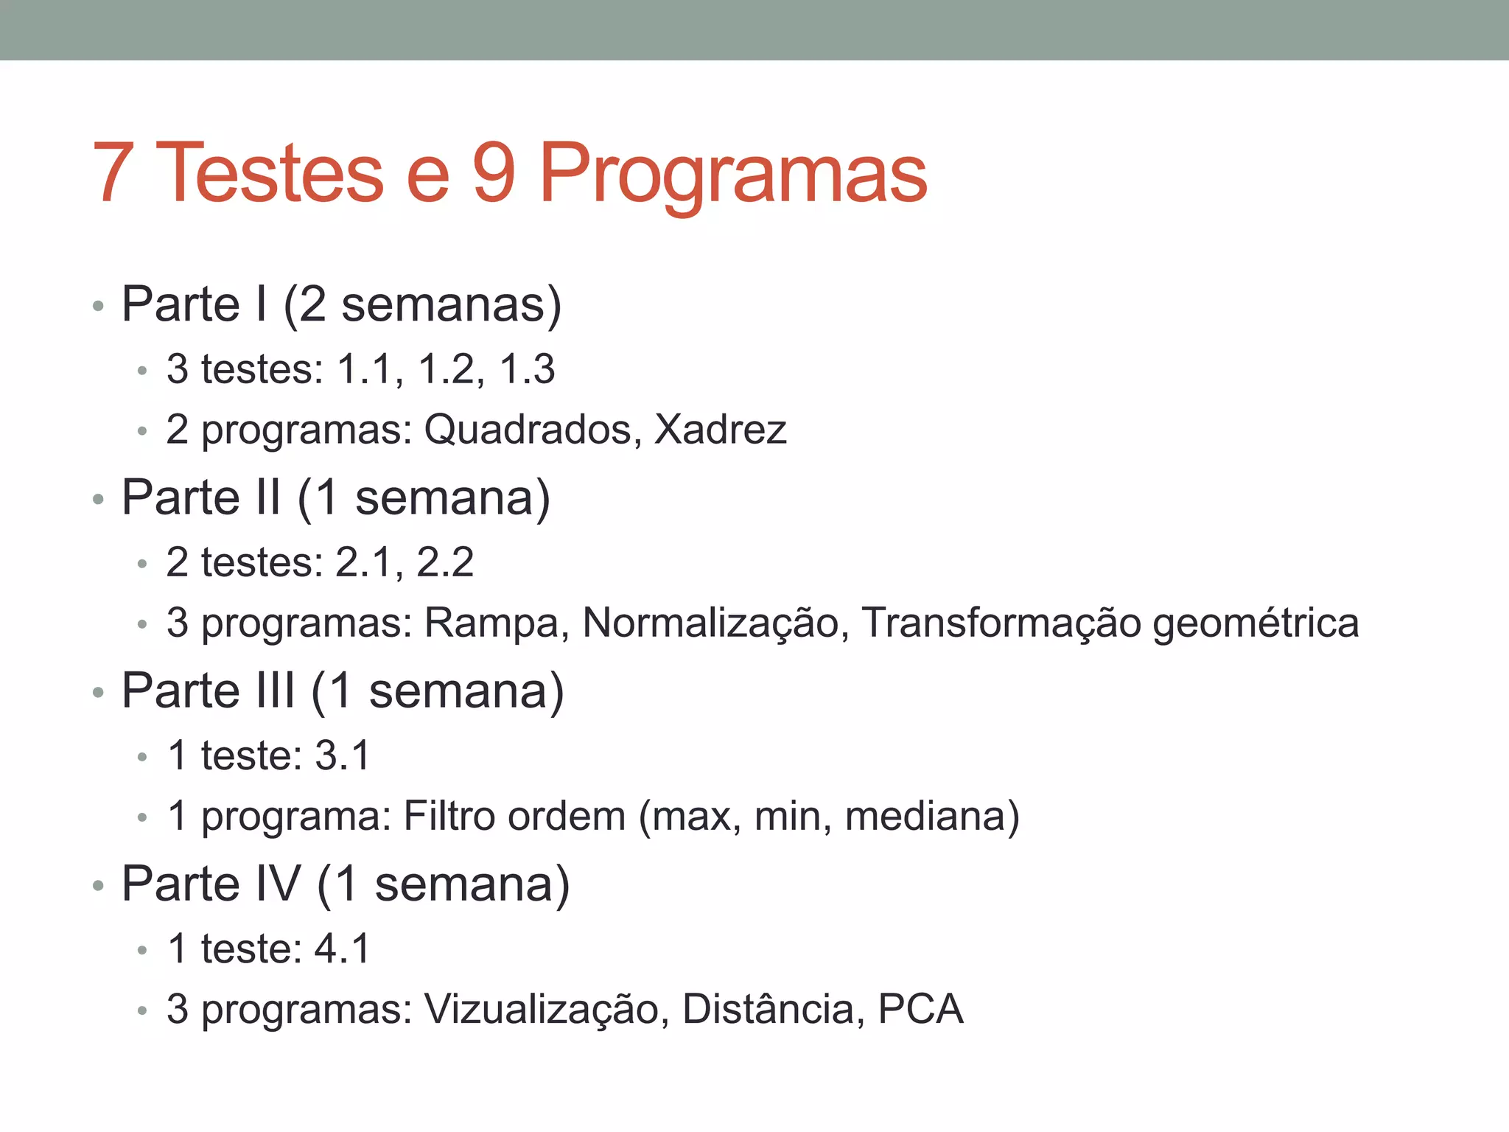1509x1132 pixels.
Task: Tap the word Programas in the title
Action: [733, 174]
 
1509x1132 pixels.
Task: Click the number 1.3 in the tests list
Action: [527, 368]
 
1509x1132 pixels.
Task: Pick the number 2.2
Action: [445, 562]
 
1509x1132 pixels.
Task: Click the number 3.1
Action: [342, 755]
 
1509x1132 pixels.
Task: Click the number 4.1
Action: [342, 948]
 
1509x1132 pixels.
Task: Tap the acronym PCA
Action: [920, 1009]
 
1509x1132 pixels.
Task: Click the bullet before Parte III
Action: [98, 693]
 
